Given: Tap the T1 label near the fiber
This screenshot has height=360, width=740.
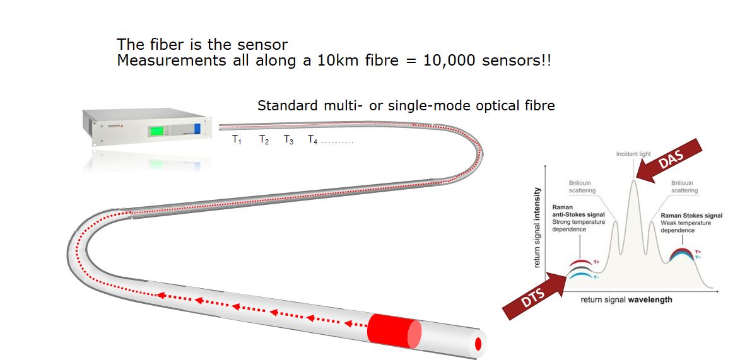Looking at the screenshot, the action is [237, 140].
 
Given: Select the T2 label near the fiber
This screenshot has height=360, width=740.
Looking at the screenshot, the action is [264, 140].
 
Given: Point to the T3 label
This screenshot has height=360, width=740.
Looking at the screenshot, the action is [288, 140].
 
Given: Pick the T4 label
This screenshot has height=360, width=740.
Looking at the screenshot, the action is [312, 140].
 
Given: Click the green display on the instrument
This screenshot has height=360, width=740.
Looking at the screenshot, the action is [158, 131].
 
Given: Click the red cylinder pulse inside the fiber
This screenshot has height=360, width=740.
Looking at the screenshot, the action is [394, 331].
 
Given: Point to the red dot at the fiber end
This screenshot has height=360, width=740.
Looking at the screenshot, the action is [478, 344].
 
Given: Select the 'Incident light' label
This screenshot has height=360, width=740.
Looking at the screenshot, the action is [633, 154].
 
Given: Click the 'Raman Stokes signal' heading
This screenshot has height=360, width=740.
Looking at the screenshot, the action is [691, 216].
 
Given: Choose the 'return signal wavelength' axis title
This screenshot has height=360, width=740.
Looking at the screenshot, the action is [626, 299].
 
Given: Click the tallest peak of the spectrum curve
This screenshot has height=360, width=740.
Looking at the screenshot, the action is [633, 181].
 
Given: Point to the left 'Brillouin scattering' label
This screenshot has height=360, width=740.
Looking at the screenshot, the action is [582, 187].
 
